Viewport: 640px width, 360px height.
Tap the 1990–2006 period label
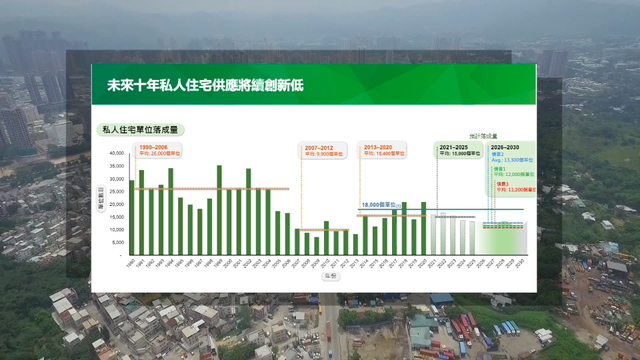(155, 147)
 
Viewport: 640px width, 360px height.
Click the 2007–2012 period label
(321, 147)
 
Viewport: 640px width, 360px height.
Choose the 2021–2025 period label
(453, 147)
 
